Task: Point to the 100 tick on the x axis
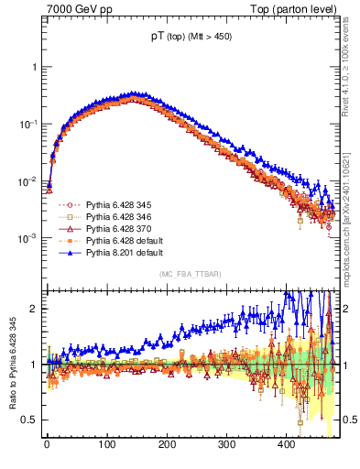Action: [x=106, y=446]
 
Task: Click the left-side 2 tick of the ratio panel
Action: [x=35, y=309]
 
